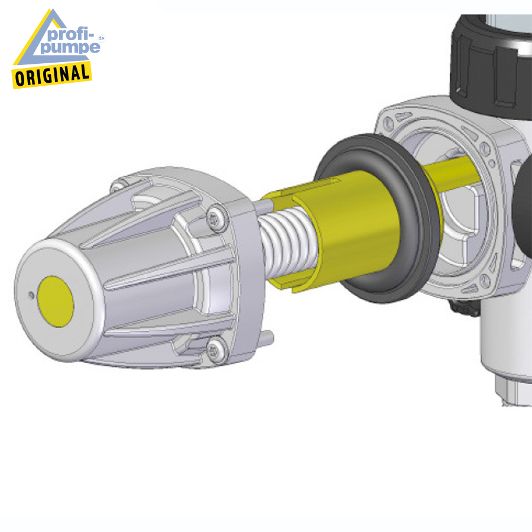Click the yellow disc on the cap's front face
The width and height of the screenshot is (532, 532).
coord(56,301)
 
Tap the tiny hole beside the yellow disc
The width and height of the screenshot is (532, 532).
coord(31,296)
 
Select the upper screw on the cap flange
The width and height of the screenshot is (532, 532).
coord(215,219)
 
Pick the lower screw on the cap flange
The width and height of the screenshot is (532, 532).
coord(215,350)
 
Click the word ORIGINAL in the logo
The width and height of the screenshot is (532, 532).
coord(52,75)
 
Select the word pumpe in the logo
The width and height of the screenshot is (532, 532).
coord(70,47)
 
